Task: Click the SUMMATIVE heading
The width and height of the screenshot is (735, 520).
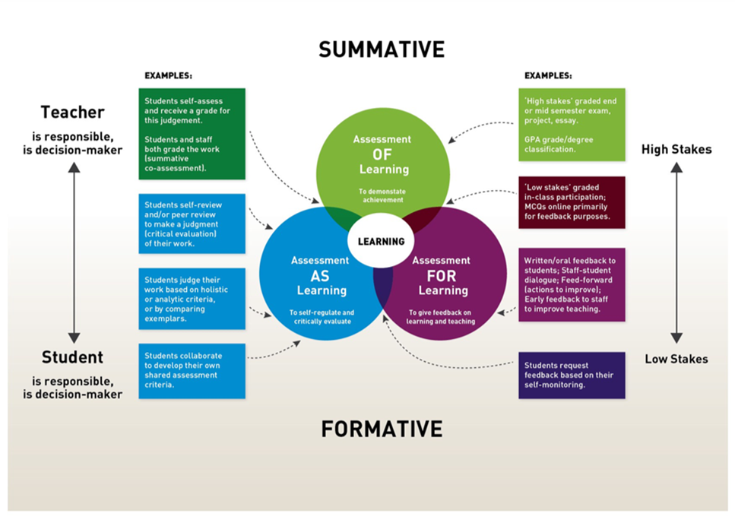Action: pos(382,49)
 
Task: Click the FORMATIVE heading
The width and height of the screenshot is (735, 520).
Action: pos(382,429)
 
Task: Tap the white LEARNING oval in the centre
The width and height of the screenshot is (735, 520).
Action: pos(382,242)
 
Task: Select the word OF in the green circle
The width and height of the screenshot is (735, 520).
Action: pos(382,154)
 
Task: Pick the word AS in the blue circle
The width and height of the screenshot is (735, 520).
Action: pos(319,275)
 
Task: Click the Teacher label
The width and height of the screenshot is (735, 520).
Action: pos(72,113)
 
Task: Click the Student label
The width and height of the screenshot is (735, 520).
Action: pos(72,357)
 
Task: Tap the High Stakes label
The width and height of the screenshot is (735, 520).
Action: pos(676,150)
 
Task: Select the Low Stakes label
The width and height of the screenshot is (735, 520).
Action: pos(676,359)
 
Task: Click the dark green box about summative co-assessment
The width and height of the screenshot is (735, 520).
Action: pos(192,134)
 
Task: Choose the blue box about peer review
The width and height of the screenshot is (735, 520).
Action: pos(192,224)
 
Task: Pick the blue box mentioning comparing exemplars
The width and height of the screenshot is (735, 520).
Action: pos(192,298)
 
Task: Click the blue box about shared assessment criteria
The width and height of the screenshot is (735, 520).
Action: pos(192,371)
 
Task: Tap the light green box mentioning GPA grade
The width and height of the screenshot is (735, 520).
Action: pos(572,125)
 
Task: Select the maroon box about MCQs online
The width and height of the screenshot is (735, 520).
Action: pos(572,203)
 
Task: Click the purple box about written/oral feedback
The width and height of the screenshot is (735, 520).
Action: pos(572,284)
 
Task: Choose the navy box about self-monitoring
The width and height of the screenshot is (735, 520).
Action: pos(572,375)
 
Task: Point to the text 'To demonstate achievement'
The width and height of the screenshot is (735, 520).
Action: pos(382,195)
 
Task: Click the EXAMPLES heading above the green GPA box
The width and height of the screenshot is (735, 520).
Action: pos(549,76)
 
